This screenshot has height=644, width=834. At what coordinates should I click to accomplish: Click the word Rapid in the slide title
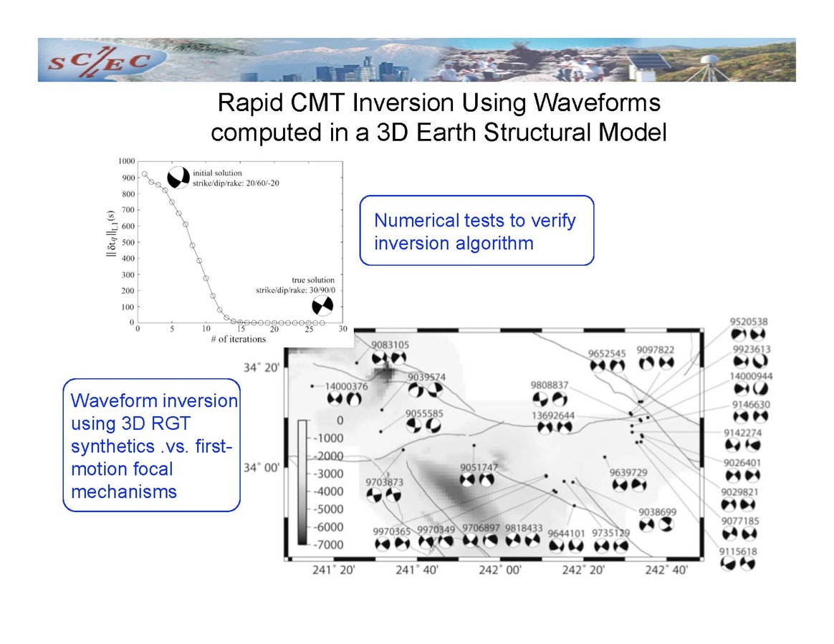coord(251,103)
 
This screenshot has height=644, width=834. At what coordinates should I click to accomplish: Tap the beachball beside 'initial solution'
coord(178,178)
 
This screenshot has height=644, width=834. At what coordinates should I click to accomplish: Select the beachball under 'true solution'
coord(322,306)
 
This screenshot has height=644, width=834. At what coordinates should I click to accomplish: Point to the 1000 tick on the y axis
coord(127,161)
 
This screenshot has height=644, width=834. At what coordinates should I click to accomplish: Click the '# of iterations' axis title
coord(239,340)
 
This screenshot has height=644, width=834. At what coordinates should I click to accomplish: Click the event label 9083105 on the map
coord(390,345)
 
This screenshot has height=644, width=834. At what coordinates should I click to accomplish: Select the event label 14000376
coord(346,386)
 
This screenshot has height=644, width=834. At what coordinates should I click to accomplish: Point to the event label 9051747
coord(479,467)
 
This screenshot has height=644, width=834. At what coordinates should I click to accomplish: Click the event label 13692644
coord(553,415)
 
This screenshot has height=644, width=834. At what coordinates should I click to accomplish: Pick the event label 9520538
coord(748,322)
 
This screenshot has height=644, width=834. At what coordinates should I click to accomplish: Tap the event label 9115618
coord(738,552)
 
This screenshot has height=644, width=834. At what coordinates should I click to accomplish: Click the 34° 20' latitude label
coord(261,367)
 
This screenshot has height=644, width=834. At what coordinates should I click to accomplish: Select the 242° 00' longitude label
coord(500,570)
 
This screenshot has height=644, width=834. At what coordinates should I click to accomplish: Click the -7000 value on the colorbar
coord(327,544)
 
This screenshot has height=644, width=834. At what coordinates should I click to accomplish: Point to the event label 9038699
coord(658,511)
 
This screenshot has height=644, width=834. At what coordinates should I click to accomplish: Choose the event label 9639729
coord(628,472)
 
